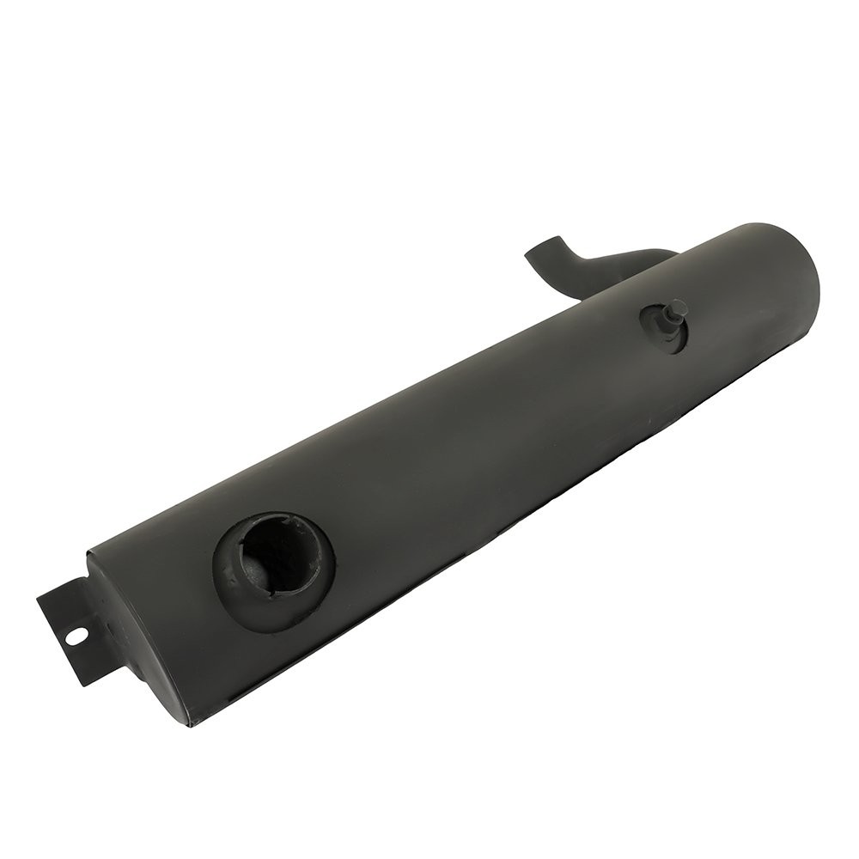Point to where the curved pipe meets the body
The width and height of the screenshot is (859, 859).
tap(653, 254)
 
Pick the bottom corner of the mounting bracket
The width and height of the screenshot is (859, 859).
tap(83, 685)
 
